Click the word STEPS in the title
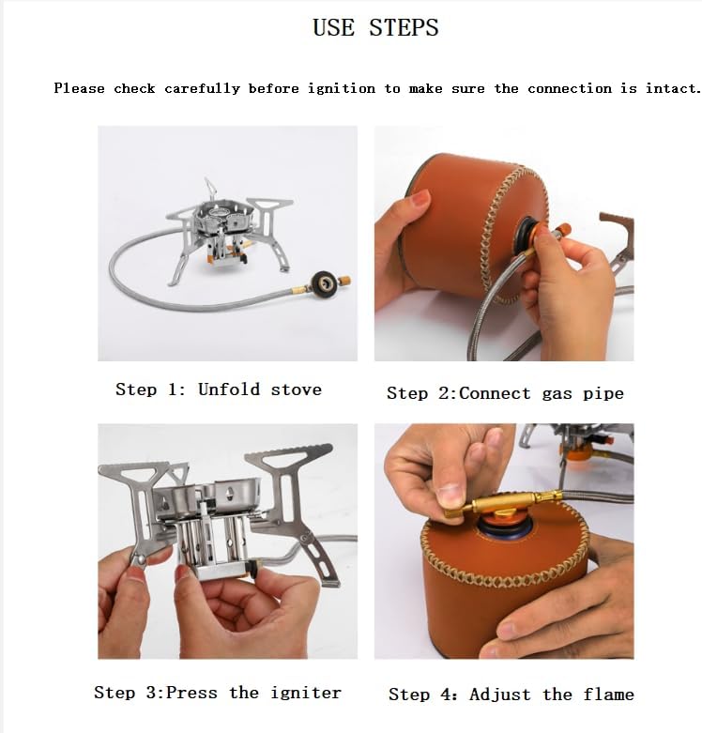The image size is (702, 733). click(404, 27)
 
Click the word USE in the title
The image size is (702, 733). click(334, 27)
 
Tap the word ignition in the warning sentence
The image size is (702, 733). click(342, 88)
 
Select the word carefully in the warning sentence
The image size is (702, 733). click(202, 89)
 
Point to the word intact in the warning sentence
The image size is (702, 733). click(672, 88)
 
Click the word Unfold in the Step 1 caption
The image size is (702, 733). click(229, 389)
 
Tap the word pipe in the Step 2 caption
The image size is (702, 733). click(603, 394)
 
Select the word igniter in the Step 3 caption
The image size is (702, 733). click(306, 693)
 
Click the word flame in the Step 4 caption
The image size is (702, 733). click(608, 695)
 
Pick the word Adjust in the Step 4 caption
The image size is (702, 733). click(499, 695)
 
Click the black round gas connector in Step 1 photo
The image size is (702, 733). click(323, 283)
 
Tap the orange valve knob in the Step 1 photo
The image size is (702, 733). click(344, 281)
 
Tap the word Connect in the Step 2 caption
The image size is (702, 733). click(495, 393)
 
